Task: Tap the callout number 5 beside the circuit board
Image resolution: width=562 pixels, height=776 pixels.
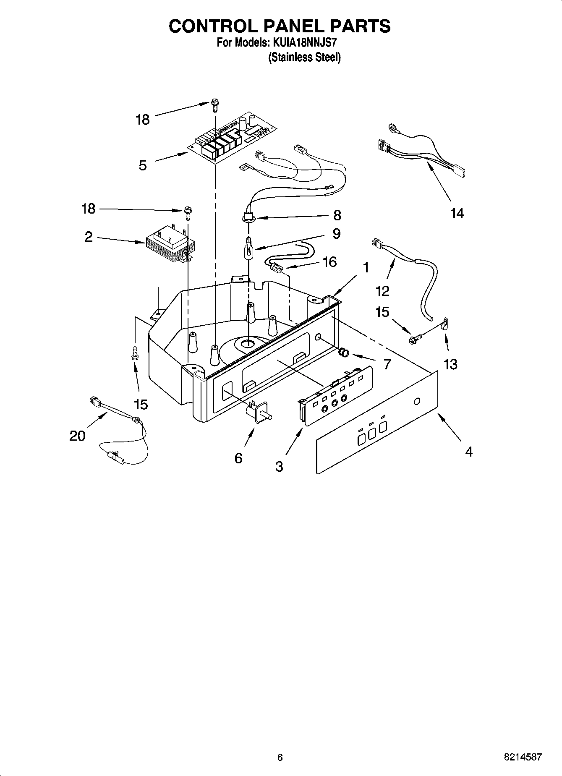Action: click(143, 165)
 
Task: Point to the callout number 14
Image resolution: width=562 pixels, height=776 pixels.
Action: click(457, 213)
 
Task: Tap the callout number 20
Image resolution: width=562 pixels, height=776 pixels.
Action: click(77, 436)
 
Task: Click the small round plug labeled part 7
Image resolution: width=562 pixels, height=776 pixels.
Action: click(344, 353)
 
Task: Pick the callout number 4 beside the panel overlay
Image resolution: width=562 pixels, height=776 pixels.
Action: click(469, 452)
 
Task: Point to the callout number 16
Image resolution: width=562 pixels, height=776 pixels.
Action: click(330, 261)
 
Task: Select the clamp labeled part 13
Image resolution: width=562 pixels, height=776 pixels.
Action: click(444, 324)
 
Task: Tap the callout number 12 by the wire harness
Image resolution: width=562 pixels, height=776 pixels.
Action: click(383, 290)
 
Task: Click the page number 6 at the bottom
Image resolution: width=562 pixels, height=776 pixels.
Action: click(280, 757)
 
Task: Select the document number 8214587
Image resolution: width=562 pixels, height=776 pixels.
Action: click(523, 757)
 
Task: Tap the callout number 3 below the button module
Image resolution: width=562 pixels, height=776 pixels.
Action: click(280, 466)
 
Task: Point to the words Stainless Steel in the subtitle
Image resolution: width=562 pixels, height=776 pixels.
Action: click(304, 57)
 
